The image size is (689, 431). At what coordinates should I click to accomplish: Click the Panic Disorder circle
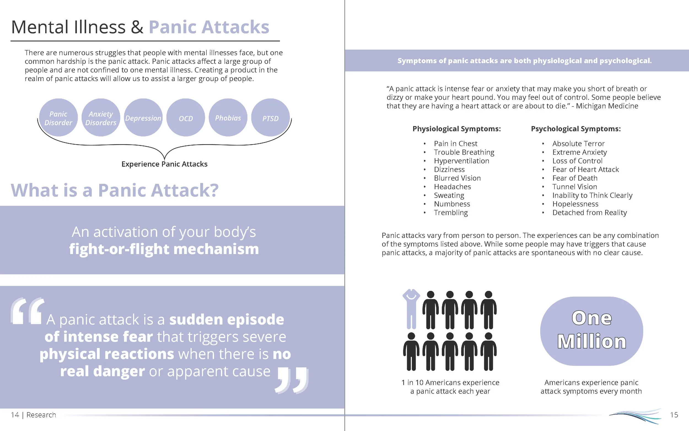coord(58,118)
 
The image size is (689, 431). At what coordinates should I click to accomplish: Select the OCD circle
coord(186,118)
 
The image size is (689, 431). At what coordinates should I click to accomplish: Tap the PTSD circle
coord(270,118)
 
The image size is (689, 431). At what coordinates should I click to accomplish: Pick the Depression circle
coord(143,118)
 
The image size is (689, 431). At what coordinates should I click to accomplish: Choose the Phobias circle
coord(228,118)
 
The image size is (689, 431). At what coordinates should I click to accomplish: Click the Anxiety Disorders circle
coord(101,118)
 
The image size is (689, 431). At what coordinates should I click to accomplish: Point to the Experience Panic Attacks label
coord(164,164)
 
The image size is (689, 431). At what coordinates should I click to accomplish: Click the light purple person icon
coord(411,309)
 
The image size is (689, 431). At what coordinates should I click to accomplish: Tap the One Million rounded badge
coord(591,331)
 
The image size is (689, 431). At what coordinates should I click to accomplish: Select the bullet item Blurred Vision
coord(457,178)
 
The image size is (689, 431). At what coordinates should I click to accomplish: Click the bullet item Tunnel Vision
coord(575,187)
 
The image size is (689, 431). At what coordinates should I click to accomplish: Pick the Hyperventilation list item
coord(461,161)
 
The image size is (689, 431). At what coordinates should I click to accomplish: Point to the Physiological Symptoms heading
coord(456,129)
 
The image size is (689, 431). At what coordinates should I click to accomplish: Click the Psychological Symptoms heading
coord(575,129)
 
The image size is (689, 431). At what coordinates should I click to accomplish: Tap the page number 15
coord(674,415)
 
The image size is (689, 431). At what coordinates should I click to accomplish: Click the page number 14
coord(15,415)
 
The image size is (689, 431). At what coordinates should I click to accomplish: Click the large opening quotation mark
coord(27,311)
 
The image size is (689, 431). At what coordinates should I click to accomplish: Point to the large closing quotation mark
coord(292,381)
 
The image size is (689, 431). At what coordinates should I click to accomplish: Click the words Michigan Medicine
coord(607,106)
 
